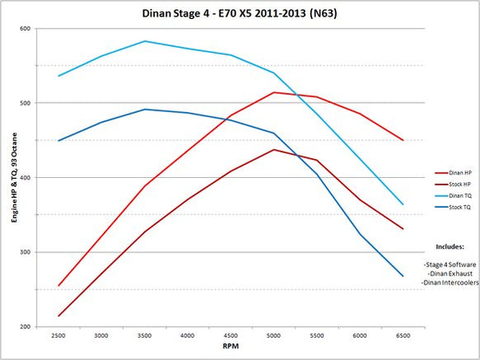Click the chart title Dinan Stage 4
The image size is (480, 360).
tap(240, 14)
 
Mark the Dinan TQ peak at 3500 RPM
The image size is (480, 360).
tap(145, 41)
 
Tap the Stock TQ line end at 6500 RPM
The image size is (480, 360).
tap(403, 276)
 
